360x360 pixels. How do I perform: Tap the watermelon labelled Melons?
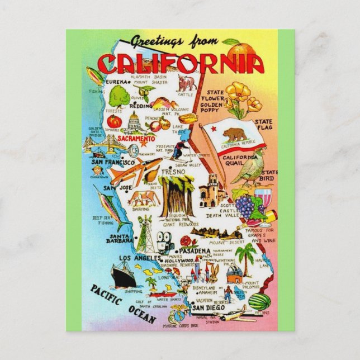click(x=259, y=301)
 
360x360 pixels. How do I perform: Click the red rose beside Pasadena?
click(x=186, y=241)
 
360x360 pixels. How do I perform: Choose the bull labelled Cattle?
click(x=186, y=84)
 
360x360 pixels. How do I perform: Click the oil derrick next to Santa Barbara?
click(x=145, y=231)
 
